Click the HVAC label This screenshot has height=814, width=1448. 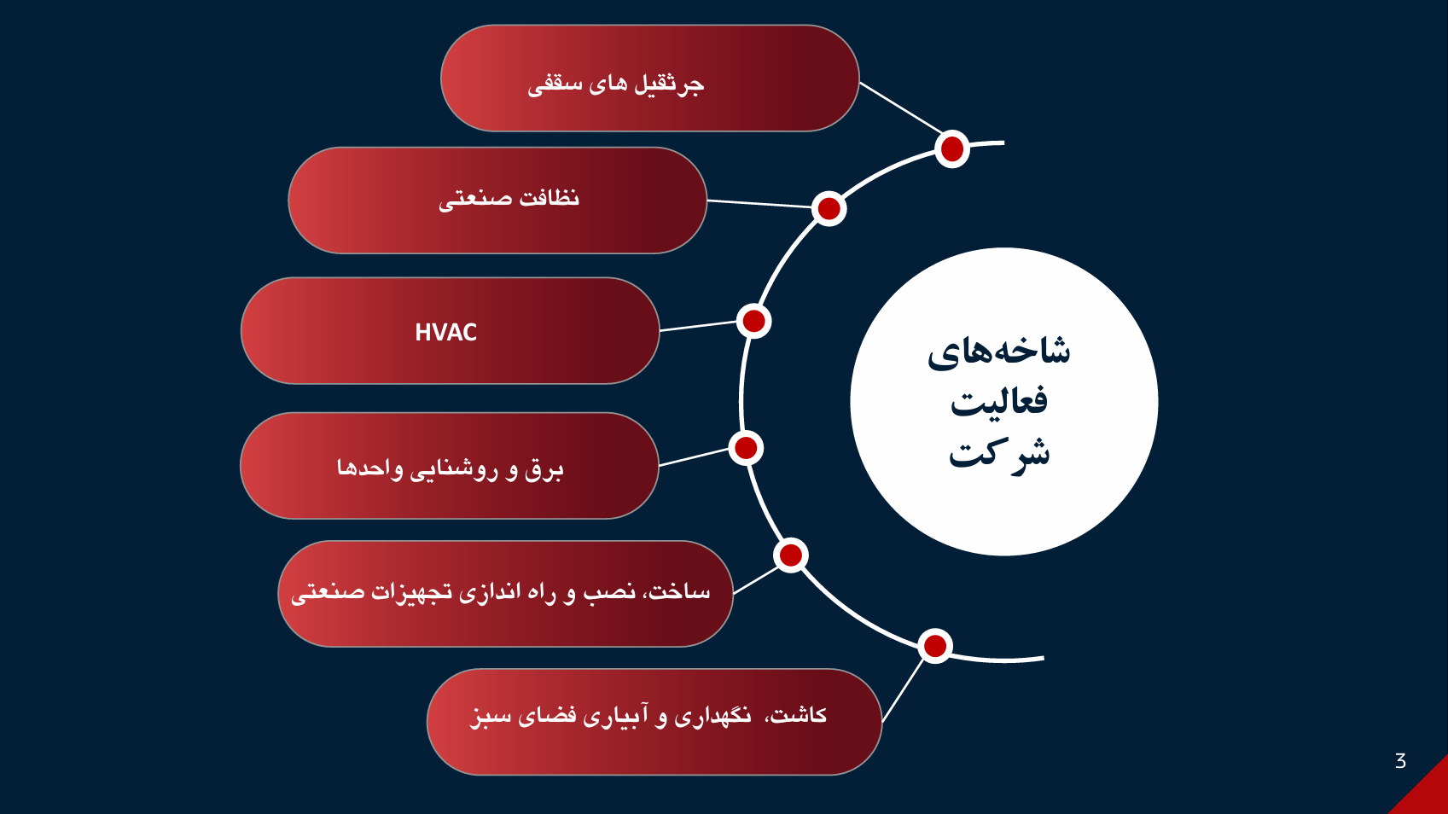445,332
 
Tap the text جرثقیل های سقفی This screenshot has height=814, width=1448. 615,83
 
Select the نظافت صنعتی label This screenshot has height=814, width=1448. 509,199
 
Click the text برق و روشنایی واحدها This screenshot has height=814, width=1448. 450,468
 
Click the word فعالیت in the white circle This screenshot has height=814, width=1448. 999,401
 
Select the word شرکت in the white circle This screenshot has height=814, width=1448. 999,453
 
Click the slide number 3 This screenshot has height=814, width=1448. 1400,761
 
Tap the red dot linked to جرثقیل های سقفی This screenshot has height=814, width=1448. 952,149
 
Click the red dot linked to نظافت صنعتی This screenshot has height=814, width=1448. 829,208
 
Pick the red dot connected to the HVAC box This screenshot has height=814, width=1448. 753,321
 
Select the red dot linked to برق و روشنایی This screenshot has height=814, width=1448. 746,448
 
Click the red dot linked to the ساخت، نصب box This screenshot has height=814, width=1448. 791,555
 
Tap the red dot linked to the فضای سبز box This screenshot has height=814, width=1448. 935,646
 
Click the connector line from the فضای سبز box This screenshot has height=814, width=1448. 903,691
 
